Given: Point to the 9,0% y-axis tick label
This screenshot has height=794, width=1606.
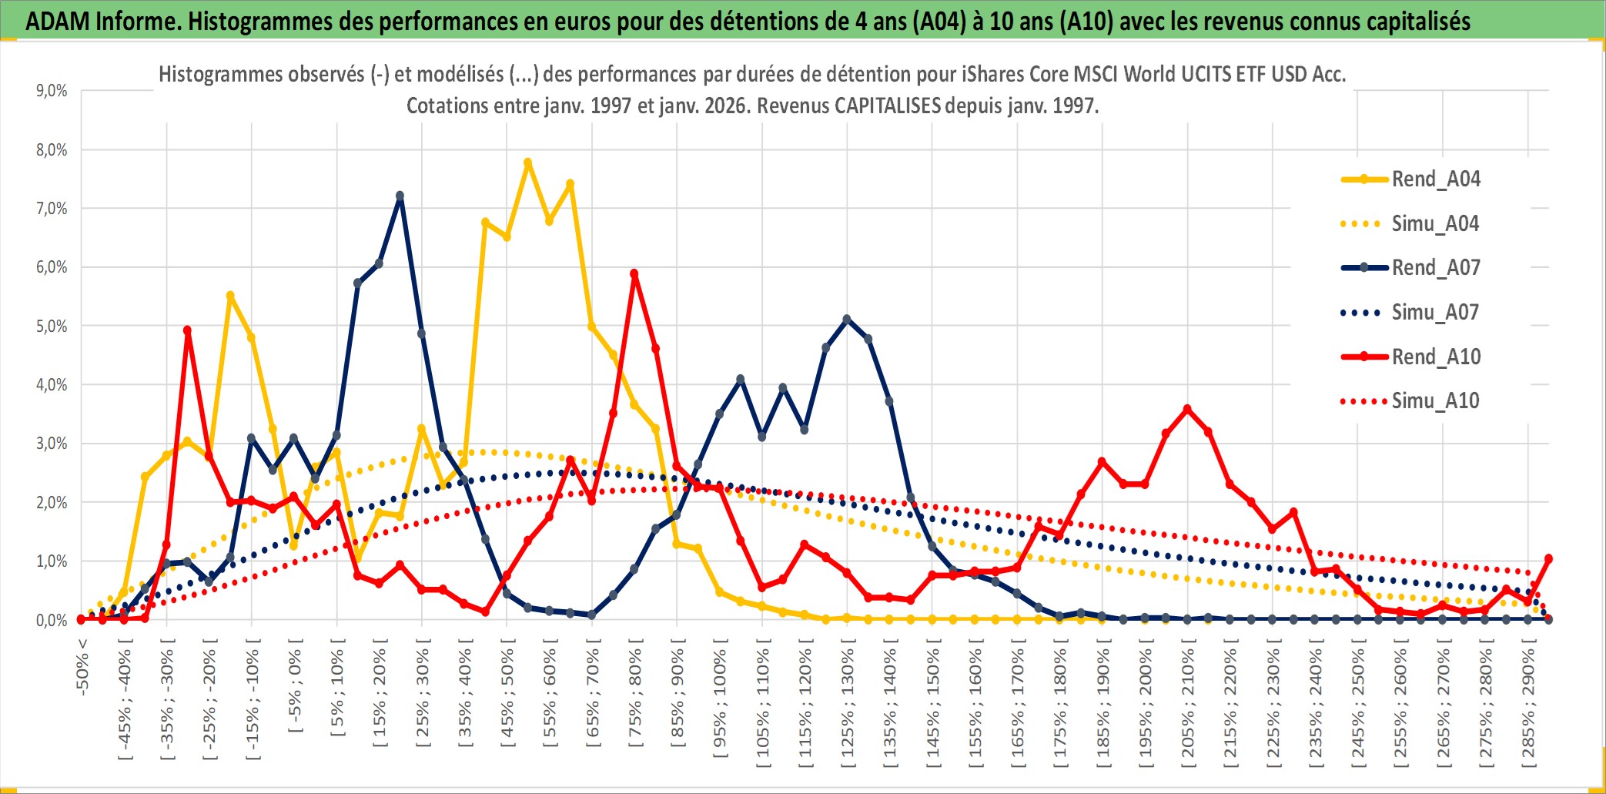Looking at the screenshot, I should [52, 91].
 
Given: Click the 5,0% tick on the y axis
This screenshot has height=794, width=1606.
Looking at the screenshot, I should [52, 326].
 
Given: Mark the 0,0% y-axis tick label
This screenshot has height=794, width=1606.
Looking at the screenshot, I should [52, 620].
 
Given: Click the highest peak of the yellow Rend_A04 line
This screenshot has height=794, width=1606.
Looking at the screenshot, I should [527, 162].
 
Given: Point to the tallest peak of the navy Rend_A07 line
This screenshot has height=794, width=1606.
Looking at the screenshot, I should [400, 196].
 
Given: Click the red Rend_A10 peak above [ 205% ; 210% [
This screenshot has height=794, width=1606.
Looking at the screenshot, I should [1187, 409].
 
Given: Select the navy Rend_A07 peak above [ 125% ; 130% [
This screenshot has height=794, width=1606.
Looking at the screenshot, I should [847, 319].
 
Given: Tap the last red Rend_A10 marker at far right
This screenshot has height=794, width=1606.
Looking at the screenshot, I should [1548, 558].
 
